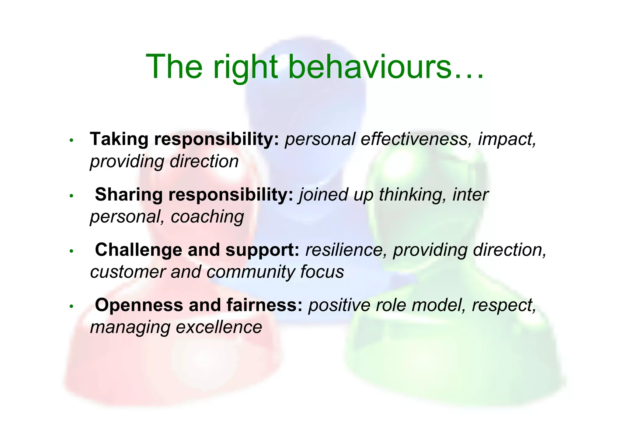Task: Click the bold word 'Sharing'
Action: [129, 194]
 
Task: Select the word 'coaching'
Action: [207, 217]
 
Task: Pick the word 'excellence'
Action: [219, 327]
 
